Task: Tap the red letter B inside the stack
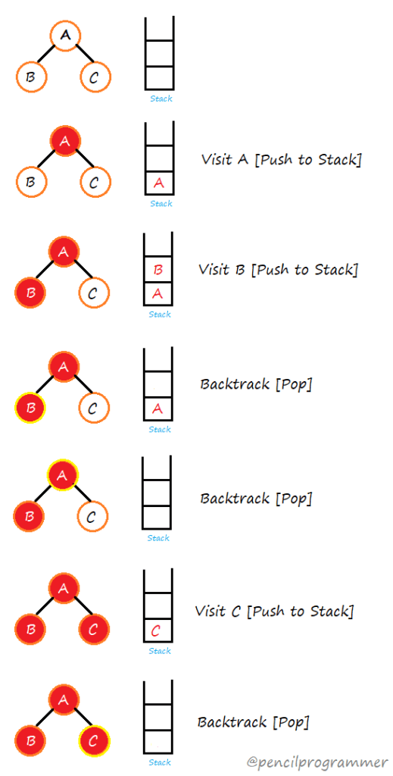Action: point(158,270)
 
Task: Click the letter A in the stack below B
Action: point(158,293)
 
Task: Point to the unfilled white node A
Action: point(66,35)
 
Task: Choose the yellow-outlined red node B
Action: point(30,408)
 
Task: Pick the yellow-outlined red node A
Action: point(64,475)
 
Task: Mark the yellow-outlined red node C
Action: point(94,741)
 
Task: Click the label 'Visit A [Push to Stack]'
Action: point(281,160)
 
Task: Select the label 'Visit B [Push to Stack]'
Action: point(278,270)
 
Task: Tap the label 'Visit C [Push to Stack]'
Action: point(274,611)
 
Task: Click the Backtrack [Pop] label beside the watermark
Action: point(253,721)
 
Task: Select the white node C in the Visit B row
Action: point(94,293)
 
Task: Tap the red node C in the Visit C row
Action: point(94,629)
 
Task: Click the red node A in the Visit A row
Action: point(65,141)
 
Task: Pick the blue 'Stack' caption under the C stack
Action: point(160,651)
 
